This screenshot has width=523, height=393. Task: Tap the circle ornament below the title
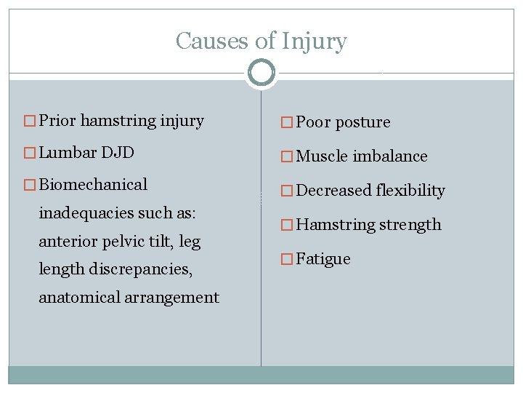(x=261, y=73)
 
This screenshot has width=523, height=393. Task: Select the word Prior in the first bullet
(x=57, y=120)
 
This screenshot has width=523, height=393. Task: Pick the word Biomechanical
(x=93, y=184)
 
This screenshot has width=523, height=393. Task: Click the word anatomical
(x=78, y=297)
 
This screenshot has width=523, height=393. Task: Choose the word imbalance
(x=391, y=156)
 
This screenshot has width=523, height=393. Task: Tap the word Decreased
(x=334, y=190)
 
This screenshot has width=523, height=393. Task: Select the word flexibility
(x=411, y=190)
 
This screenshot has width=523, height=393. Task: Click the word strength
(x=406, y=224)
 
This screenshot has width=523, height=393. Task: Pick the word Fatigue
(x=324, y=258)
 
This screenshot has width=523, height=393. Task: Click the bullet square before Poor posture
(x=288, y=122)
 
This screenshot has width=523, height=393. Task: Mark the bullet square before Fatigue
(x=288, y=259)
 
